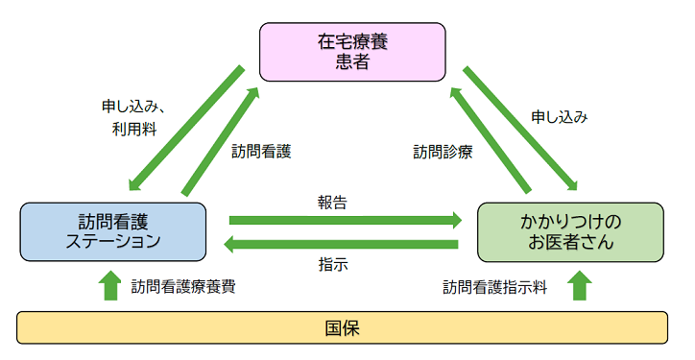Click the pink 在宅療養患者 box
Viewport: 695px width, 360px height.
352,52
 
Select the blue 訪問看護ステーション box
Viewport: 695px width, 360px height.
112,230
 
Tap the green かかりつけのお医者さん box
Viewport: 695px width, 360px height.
570,231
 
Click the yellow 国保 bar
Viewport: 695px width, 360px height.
343,327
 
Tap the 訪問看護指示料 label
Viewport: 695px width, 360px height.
494,286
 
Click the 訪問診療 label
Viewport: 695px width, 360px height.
443,152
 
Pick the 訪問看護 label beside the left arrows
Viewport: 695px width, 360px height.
261,151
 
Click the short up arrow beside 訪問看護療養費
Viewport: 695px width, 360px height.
110,285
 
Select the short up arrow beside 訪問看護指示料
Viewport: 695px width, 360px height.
579,285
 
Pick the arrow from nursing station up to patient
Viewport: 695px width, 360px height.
221,140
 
